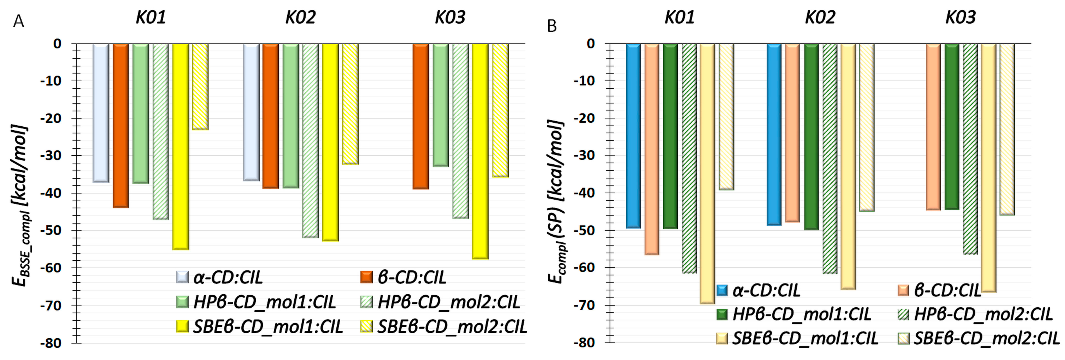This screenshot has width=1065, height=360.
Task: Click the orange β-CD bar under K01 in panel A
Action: tap(121, 124)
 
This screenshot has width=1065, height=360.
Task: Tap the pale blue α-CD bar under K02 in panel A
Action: tap(251, 111)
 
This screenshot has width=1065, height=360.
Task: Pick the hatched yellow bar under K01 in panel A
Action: tap(200, 87)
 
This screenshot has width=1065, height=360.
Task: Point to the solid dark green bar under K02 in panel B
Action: tap(811, 137)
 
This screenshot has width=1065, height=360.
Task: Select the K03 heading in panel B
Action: tap(960, 17)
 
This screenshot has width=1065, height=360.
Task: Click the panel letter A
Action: tap(18, 21)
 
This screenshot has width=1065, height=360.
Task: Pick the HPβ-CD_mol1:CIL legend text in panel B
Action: tap(801, 314)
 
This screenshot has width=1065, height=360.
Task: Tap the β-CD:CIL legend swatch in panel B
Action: tap(903, 290)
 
